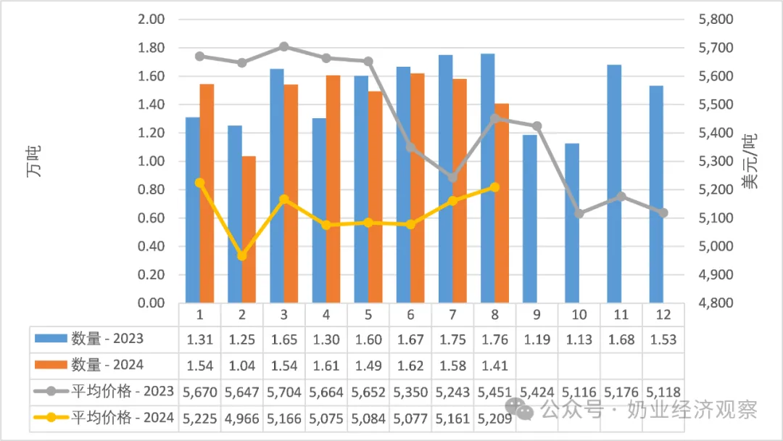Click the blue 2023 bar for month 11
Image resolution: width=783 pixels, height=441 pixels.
[x=614, y=184]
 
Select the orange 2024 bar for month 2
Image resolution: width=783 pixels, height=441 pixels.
[x=249, y=230]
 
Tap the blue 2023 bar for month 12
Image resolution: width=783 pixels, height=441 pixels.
[x=656, y=194]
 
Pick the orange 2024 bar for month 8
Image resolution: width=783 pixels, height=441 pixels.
[x=502, y=203]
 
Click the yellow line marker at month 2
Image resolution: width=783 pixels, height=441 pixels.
[x=241, y=256]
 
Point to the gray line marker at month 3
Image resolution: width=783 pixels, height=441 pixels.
[x=283, y=47]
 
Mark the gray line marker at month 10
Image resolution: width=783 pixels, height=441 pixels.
[x=579, y=213]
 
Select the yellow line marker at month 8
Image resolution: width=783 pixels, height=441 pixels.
[x=494, y=187]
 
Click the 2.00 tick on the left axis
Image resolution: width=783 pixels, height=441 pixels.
[x=151, y=20]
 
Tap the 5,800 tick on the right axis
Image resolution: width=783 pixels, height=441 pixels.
[x=715, y=20]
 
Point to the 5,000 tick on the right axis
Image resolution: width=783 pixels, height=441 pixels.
[x=715, y=246]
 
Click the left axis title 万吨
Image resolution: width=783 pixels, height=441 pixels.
[x=34, y=161]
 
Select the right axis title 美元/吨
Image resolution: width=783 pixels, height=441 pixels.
[x=750, y=161]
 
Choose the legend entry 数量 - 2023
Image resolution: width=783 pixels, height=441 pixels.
[x=89, y=339]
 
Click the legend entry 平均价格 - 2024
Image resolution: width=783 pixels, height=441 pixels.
[x=104, y=417]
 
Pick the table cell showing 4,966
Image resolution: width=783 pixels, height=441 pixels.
[x=241, y=418]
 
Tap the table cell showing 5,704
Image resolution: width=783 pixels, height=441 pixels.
[x=283, y=392]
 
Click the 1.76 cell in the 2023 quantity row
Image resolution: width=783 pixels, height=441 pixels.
[x=494, y=339]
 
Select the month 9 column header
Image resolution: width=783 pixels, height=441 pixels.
[x=536, y=315]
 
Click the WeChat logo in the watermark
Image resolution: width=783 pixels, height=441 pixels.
[x=518, y=409]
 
